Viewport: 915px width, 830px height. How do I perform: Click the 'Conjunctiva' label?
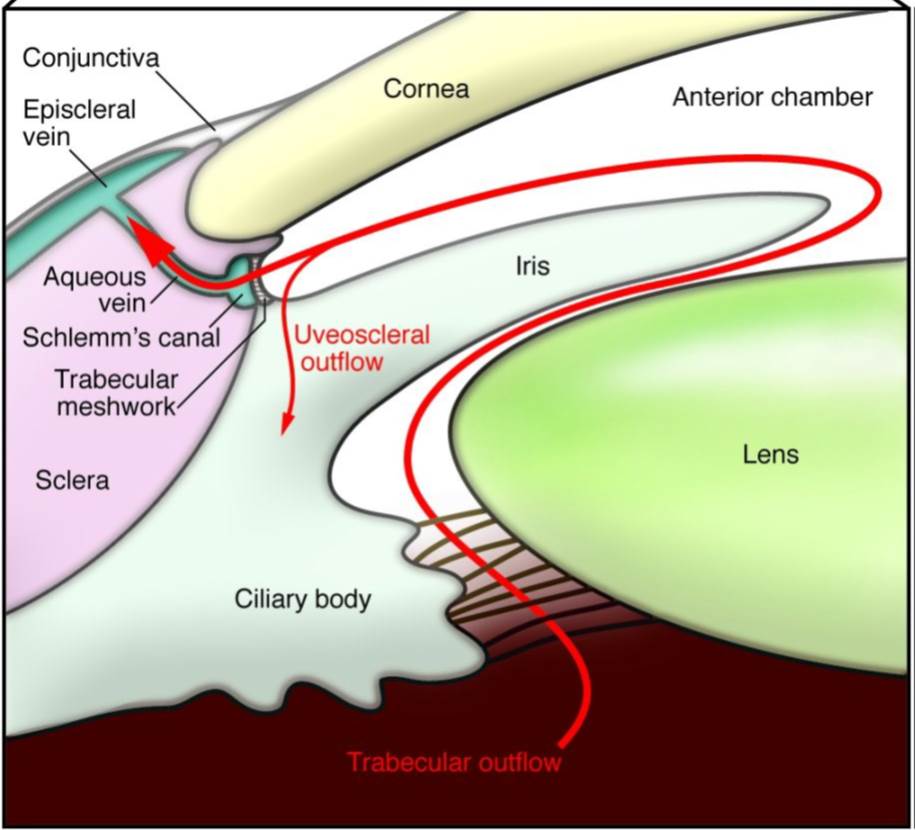pos(91,59)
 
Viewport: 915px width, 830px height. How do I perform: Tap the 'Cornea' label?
pos(426,89)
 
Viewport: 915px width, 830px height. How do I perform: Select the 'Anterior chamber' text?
pos(772,97)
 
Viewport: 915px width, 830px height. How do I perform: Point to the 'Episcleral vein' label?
pos(79,122)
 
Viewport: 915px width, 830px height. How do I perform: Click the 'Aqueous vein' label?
pos(94,289)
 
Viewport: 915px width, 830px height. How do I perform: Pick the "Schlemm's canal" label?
pos(121,337)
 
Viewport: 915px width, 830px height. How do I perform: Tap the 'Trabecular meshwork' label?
pos(115,393)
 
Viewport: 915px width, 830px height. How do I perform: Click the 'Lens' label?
pos(771,454)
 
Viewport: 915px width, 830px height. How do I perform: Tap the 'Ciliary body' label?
pos(303,599)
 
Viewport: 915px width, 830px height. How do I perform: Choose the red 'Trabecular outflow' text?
pos(454,762)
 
